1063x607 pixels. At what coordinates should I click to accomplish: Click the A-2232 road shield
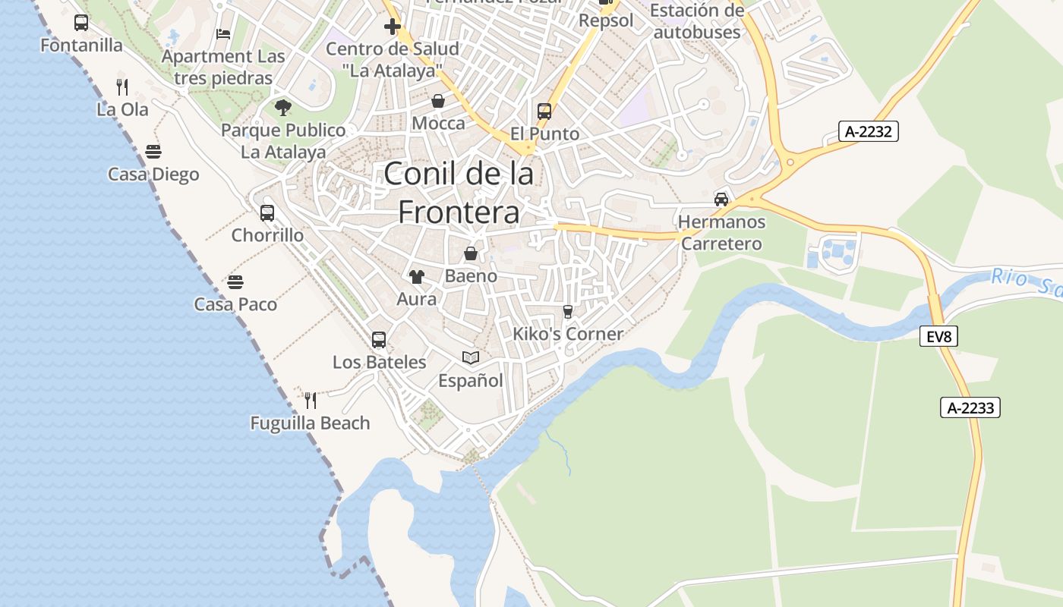(x=869, y=131)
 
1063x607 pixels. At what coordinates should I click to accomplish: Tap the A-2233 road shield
(x=970, y=407)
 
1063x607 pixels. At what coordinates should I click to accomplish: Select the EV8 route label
(x=938, y=336)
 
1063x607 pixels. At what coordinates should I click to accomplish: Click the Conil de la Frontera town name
(x=459, y=193)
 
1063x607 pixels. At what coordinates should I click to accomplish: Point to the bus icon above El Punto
(x=544, y=112)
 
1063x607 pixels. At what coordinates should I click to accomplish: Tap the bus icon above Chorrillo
(x=267, y=213)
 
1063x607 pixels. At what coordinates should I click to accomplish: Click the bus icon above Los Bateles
(x=379, y=340)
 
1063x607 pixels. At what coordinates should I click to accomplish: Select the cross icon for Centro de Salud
(x=392, y=27)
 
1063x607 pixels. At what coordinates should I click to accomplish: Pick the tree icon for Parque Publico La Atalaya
(x=283, y=108)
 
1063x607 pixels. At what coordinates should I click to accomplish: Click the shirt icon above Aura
(x=416, y=277)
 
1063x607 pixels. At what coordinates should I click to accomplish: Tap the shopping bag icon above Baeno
(x=471, y=253)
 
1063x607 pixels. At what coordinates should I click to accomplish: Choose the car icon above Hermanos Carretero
(x=721, y=200)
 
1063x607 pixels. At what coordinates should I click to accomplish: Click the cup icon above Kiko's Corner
(x=567, y=312)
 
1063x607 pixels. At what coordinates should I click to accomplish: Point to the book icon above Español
(x=471, y=357)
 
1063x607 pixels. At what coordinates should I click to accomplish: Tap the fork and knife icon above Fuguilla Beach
(x=310, y=400)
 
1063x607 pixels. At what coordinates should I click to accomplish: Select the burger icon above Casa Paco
(x=235, y=282)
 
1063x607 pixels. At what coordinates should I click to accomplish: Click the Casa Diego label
(x=153, y=175)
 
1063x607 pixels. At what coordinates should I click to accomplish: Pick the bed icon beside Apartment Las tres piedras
(x=223, y=34)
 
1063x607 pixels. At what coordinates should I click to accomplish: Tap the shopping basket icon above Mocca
(x=438, y=101)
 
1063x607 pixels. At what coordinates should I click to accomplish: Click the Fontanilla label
(x=81, y=46)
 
